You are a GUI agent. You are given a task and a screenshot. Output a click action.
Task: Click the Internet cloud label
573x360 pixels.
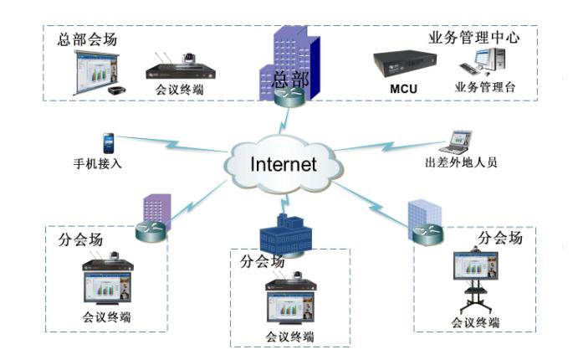pyautogui.click(x=284, y=162)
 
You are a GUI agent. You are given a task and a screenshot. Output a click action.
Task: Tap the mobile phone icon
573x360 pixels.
pyautogui.click(x=107, y=141)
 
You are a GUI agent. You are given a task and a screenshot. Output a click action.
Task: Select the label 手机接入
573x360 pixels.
pyautogui.click(x=98, y=163)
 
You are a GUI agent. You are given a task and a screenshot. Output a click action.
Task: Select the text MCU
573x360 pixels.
pyautogui.click(x=403, y=88)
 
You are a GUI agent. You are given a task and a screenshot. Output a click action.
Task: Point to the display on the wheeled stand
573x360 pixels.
pyautogui.click(x=475, y=269)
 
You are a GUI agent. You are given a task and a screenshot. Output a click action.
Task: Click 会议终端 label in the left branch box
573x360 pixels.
pyautogui.click(x=106, y=317)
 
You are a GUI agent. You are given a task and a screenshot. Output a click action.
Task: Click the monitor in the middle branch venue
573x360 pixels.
pyautogui.click(x=290, y=305)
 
